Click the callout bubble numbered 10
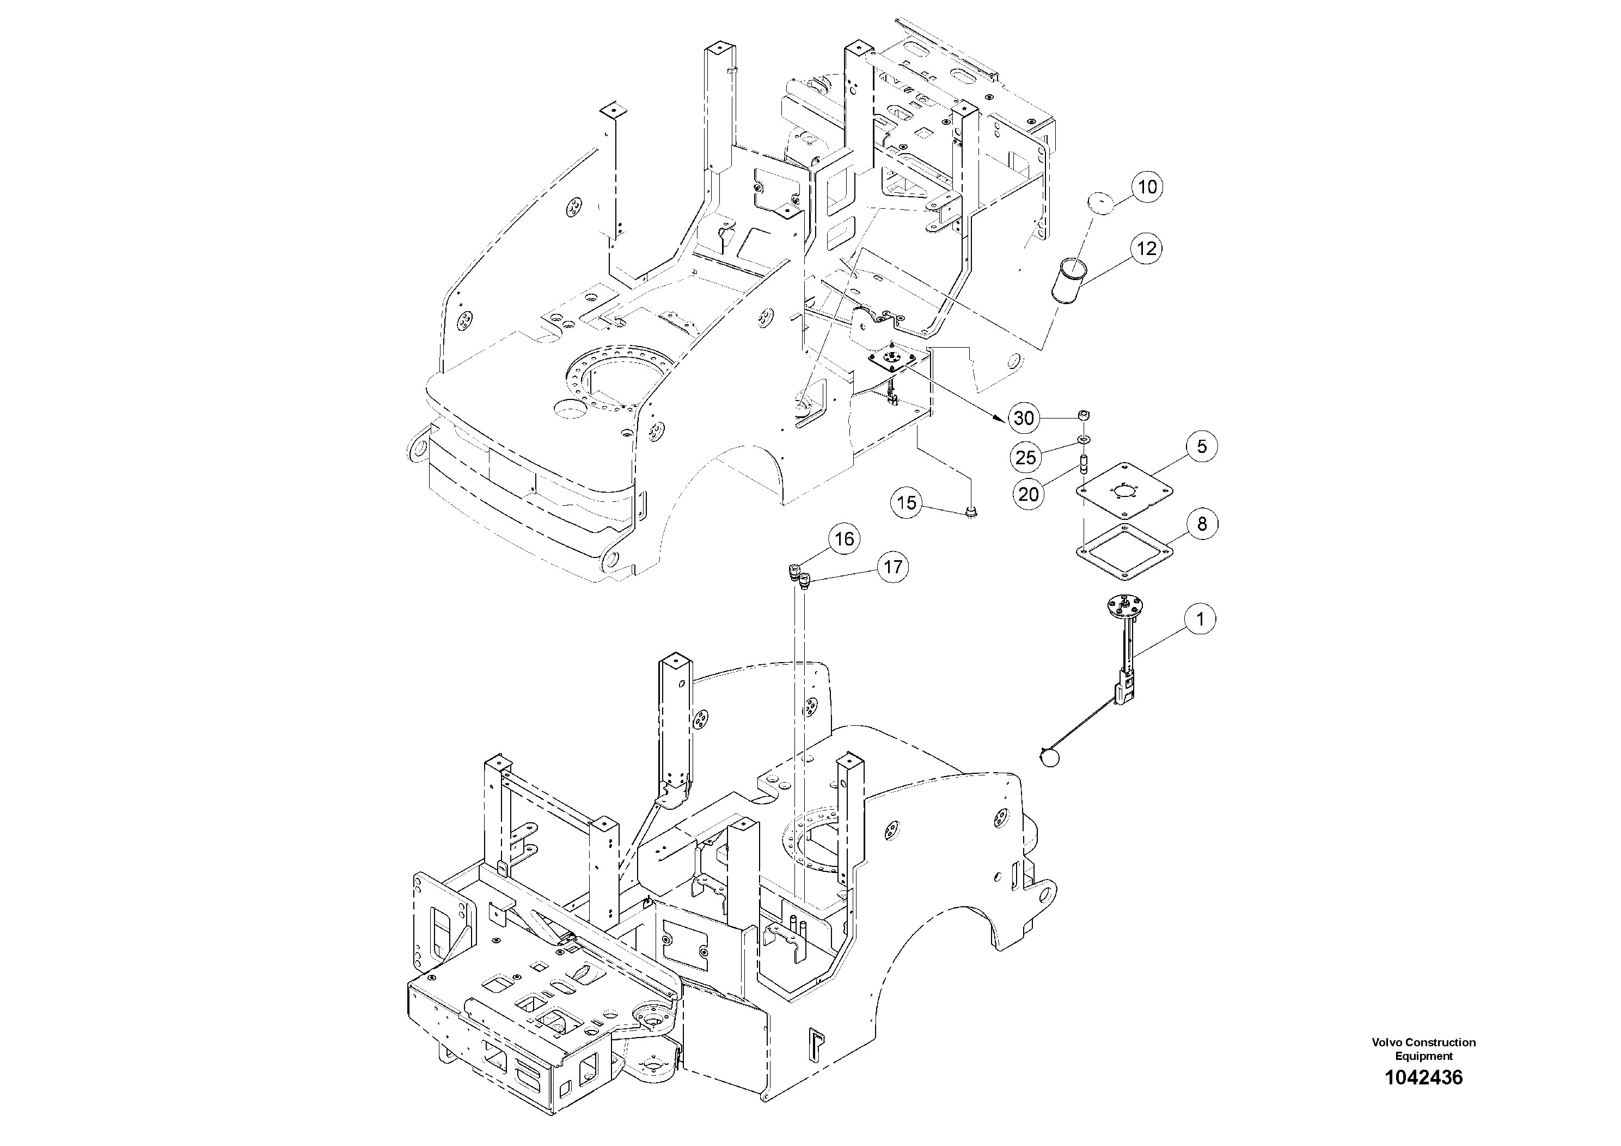1148,187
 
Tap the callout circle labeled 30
1024,419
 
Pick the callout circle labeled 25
1026,457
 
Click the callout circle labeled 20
1029,494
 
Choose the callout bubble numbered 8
1202,524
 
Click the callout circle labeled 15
907,502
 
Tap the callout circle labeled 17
892,567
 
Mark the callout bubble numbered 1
1200,620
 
